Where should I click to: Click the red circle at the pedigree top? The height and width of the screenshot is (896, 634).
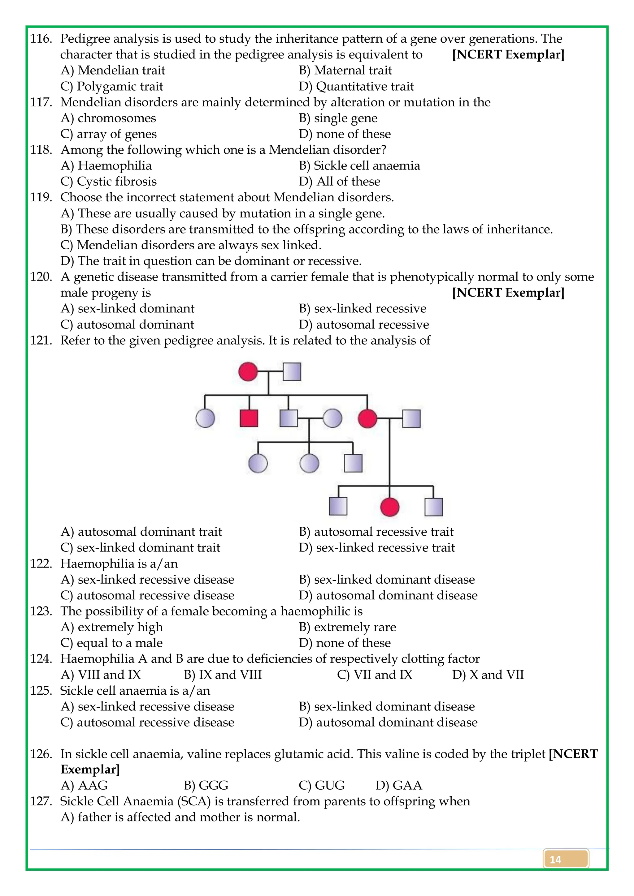pyautogui.click(x=248, y=371)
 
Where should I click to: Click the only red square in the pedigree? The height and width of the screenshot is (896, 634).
pyautogui.click(x=249, y=418)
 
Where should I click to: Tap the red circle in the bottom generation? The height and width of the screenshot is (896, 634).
pyautogui.click(x=389, y=507)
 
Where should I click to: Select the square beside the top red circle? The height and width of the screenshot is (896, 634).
pyautogui.click(x=292, y=371)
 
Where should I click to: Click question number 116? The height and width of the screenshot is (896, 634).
pyautogui.click(x=41, y=39)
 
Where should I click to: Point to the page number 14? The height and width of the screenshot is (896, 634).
pyautogui.click(x=555, y=859)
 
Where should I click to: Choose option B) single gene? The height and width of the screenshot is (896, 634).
pyautogui.click(x=338, y=118)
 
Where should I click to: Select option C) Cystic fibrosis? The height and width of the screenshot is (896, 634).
pyautogui.click(x=109, y=182)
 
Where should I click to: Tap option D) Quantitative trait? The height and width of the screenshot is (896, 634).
pyautogui.click(x=356, y=86)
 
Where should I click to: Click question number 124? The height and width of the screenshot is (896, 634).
pyautogui.click(x=41, y=659)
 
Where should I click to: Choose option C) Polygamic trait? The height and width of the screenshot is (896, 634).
pyautogui.click(x=112, y=86)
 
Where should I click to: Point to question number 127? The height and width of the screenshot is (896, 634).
pyautogui.click(x=41, y=801)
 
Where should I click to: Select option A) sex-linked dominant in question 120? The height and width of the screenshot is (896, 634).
pyautogui.click(x=127, y=308)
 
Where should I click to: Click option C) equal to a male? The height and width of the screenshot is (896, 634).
pyautogui.click(x=112, y=643)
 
